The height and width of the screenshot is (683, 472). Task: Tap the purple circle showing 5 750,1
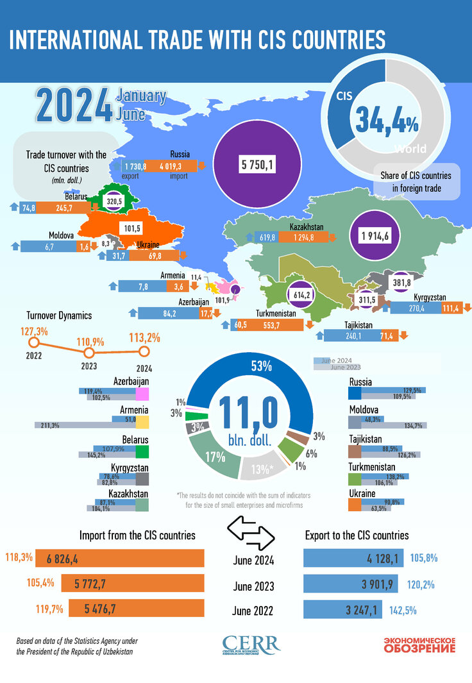(258, 165)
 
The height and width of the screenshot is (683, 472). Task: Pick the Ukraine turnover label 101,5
(133, 228)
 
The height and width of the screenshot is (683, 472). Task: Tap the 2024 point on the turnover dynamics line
(144, 351)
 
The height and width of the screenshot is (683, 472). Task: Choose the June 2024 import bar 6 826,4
(121, 559)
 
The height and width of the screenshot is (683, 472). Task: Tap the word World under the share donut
(410, 149)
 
